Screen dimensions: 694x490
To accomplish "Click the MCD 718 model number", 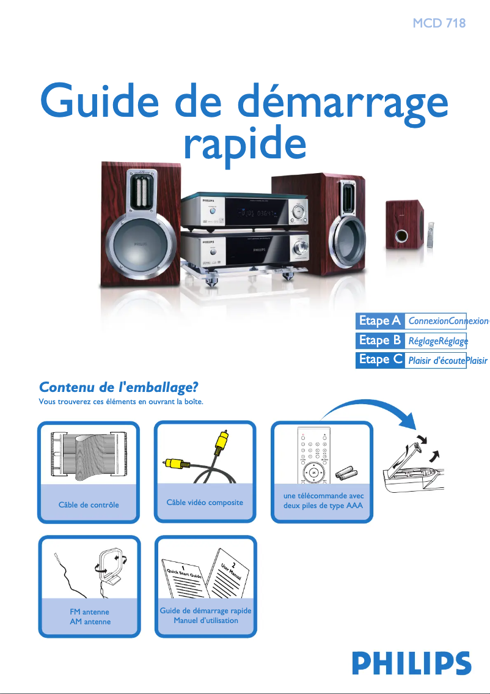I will coord(439,24).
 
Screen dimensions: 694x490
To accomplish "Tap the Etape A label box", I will coord(379,321).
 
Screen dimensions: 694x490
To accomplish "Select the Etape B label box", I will coord(379,340).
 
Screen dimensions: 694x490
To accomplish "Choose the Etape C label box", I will coord(379,360).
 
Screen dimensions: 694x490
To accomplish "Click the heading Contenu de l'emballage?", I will coord(119,387).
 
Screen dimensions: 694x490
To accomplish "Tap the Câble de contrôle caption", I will coord(89,505).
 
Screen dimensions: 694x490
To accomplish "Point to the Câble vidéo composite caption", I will coord(205,503).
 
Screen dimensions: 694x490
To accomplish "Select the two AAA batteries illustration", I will coord(347,473).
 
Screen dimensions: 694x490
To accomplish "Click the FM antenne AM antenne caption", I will coord(90,616).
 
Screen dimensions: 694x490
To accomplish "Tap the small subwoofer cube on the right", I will coord(404,225).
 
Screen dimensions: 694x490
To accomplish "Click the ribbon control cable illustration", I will coord(89,456).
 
